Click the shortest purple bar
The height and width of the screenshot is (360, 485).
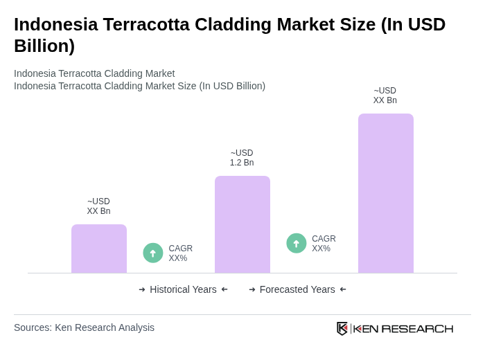point(99,249)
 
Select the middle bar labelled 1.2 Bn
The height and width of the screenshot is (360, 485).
point(242,224)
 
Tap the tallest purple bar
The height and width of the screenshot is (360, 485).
point(386,193)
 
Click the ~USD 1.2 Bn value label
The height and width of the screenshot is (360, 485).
point(242,158)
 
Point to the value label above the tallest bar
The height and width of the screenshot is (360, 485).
point(385,96)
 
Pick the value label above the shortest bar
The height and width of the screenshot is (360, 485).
point(98,206)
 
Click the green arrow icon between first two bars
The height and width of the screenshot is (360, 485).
point(153,253)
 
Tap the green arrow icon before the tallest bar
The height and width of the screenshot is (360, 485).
point(297,243)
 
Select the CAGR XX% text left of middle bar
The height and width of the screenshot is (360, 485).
point(180,253)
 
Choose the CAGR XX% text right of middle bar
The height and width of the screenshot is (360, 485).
point(324,244)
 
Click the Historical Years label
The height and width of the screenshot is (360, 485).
point(183,289)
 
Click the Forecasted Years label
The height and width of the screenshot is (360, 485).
point(297,289)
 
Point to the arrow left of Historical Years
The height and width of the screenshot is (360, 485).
point(142,289)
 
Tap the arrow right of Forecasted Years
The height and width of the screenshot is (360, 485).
point(343,289)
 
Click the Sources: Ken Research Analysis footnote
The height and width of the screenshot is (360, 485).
point(84,327)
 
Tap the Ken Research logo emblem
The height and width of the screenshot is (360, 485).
point(342,328)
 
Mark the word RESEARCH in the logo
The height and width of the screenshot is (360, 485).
point(417,328)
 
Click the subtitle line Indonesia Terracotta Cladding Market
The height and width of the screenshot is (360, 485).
point(94,73)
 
